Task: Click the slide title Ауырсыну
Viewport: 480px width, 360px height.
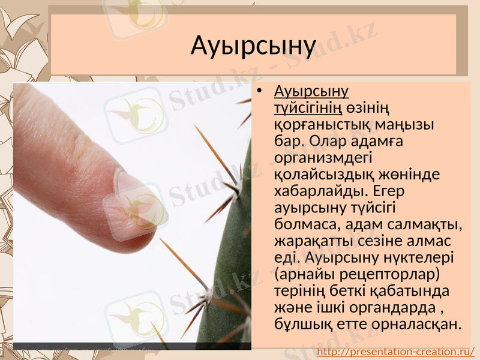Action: pos(253,46)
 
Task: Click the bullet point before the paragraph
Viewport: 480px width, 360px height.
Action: pos(259,92)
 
